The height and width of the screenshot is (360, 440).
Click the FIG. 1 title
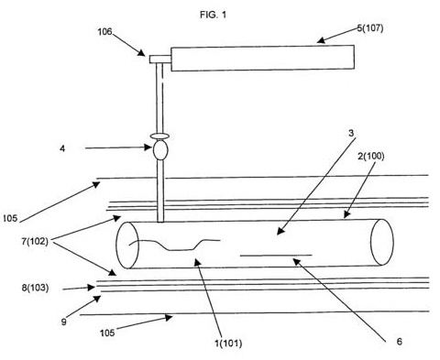point(214,15)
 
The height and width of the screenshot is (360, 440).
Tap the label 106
point(104,32)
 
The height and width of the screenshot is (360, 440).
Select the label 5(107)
point(370,28)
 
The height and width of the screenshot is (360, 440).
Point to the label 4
point(62,148)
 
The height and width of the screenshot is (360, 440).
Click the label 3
point(351,133)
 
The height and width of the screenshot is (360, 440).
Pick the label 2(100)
point(371,157)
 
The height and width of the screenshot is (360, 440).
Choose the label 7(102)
point(35,241)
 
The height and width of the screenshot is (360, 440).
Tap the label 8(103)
point(35,288)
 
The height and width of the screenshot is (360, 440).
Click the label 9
point(63,322)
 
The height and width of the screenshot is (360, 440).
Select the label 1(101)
point(228,344)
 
